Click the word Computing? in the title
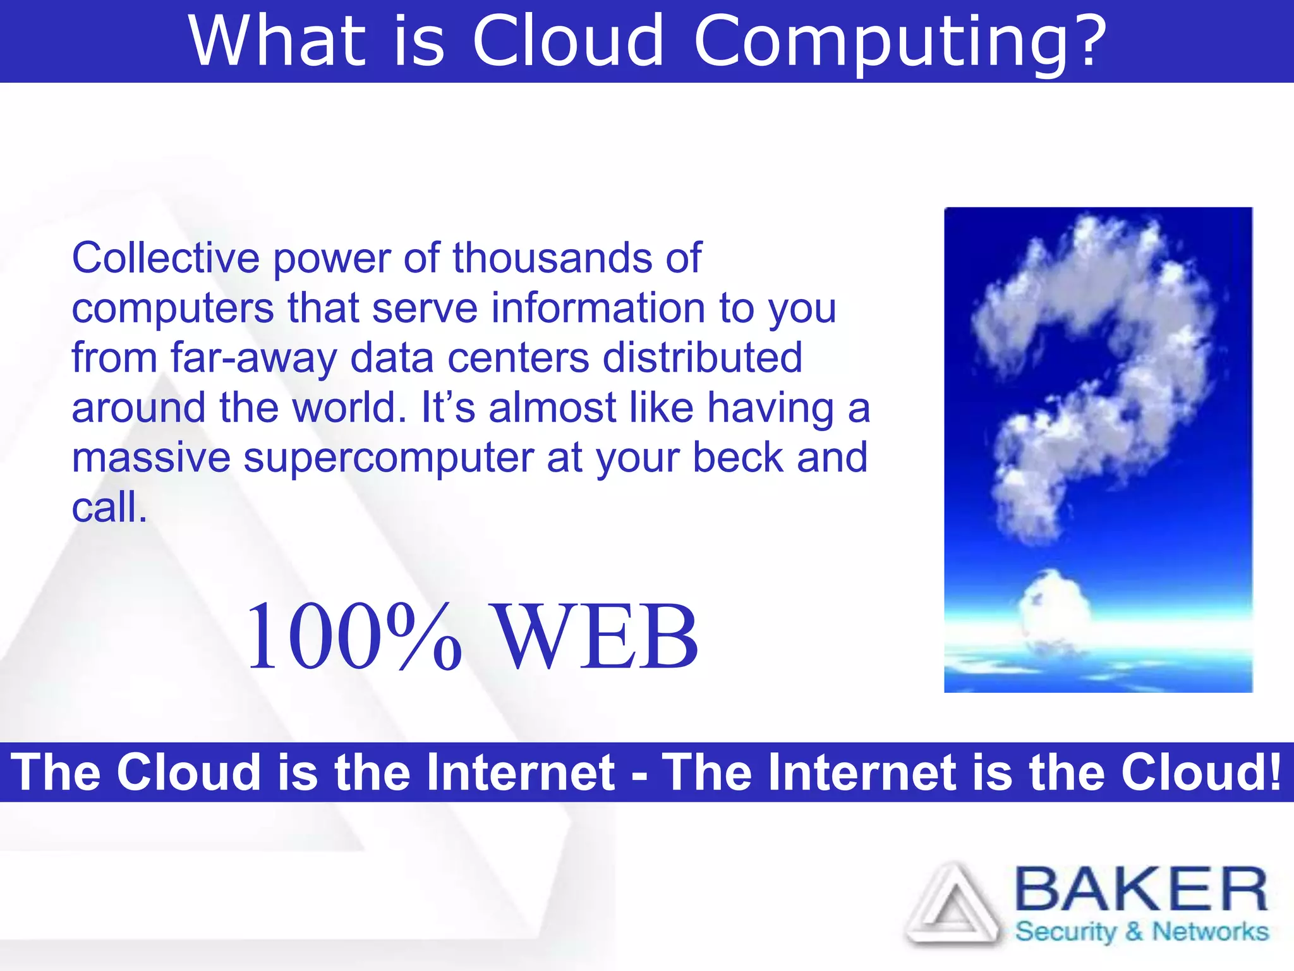[900, 42]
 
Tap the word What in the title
[278, 42]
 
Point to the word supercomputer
[389, 458]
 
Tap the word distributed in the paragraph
[702, 357]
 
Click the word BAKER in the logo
[1140, 889]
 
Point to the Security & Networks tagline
[1141, 932]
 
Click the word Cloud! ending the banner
[1201, 773]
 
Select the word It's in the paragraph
[447, 408]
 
